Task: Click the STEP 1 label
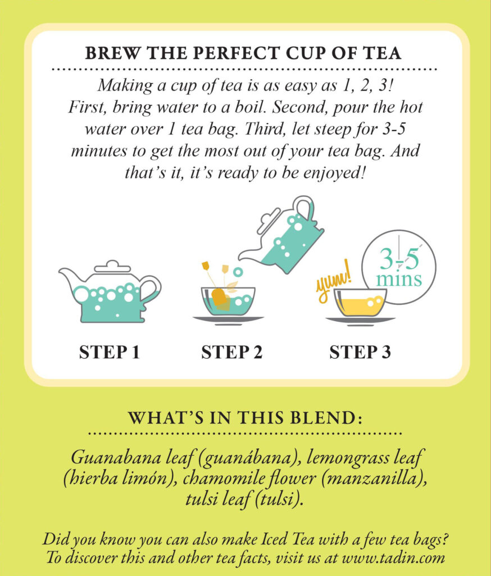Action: pos(109,353)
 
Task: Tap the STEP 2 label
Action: pos(231,353)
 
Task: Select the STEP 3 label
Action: pos(360,353)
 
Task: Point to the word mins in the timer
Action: pos(400,279)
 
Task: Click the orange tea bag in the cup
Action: pos(220,296)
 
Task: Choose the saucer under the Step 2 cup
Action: pos(228,319)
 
